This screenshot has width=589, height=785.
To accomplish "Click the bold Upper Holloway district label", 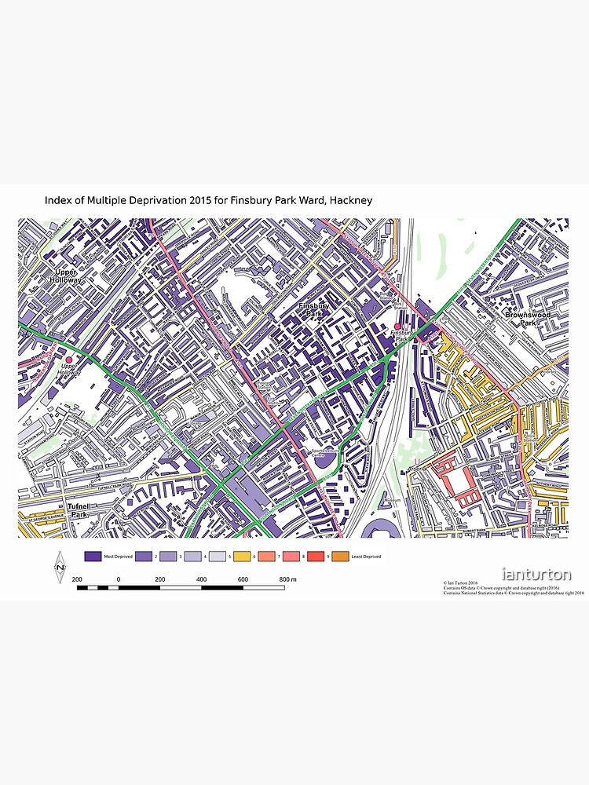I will (x=65, y=276).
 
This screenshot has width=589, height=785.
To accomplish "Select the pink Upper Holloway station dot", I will (x=68, y=360).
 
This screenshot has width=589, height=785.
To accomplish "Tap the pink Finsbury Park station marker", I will (x=397, y=327).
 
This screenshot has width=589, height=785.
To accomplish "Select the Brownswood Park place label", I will (x=527, y=319).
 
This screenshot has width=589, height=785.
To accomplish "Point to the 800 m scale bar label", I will (x=287, y=579).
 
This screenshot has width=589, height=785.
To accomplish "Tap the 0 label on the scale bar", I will (x=119, y=579).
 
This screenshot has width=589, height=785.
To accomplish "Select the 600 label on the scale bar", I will (x=243, y=579).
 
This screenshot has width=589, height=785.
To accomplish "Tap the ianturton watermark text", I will (x=537, y=575).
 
